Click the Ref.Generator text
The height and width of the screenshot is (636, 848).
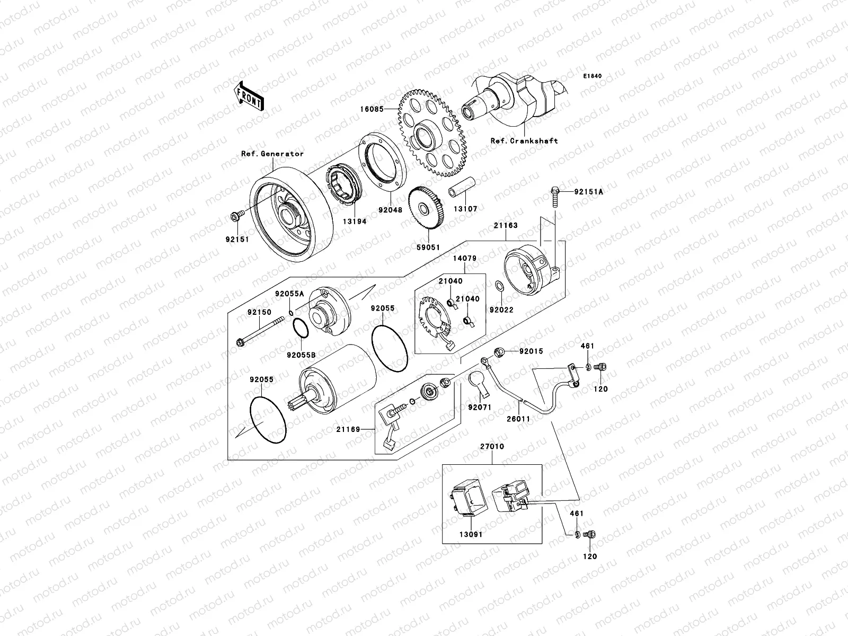coord(272,154)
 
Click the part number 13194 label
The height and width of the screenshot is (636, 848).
coord(342,222)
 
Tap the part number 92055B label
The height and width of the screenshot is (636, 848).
coord(300,355)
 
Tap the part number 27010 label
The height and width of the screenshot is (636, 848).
coord(492,447)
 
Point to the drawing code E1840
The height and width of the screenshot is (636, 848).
coord(593,76)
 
